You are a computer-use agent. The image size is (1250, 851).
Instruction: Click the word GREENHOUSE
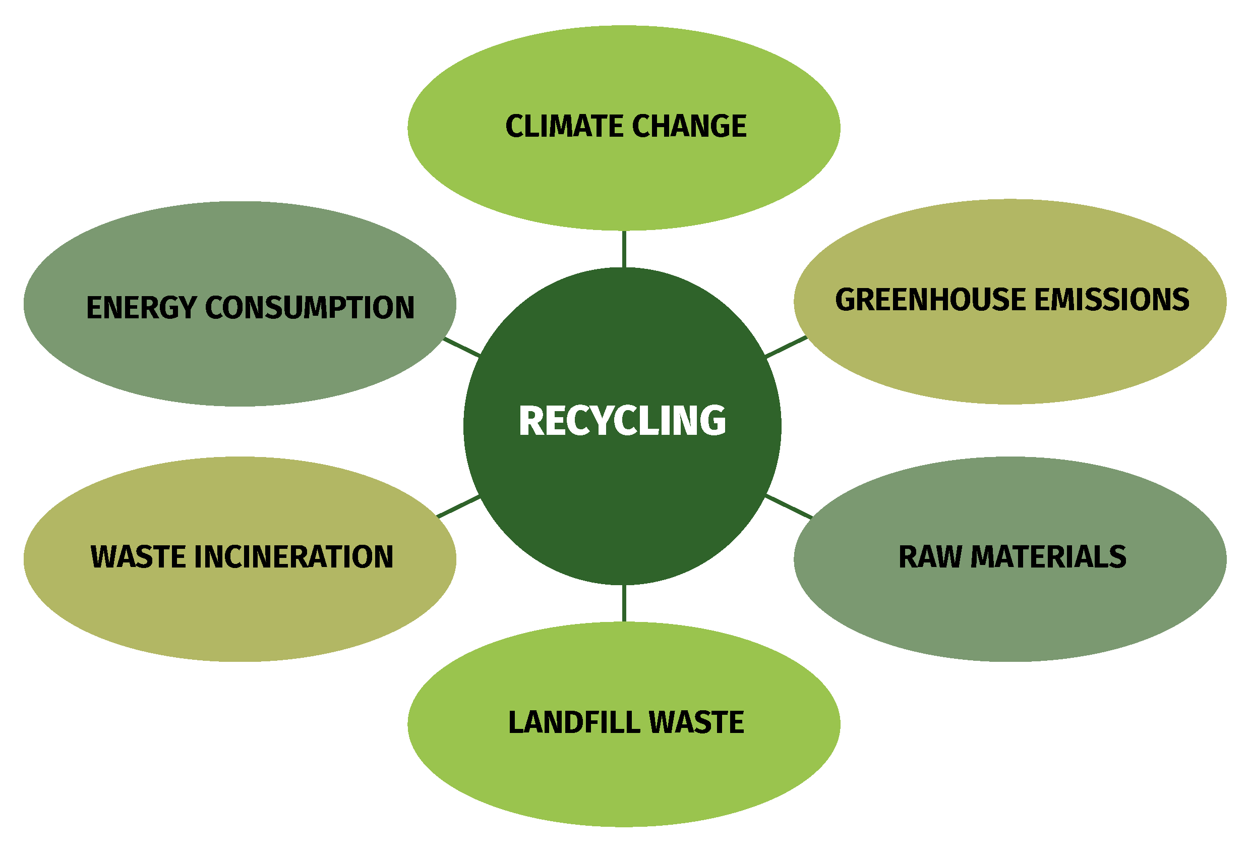pyautogui.click(x=930, y=300)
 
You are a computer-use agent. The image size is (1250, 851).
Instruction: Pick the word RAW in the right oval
pyautogui.click(x=930, y=557)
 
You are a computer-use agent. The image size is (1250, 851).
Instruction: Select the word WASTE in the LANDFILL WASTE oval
pyautogui.click(x=696, y=722)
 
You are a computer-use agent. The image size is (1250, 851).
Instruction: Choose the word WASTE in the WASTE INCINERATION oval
pyautogui.click(x=138, y=557)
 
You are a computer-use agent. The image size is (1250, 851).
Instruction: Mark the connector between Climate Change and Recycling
pyautogui.click(x=624, y=249)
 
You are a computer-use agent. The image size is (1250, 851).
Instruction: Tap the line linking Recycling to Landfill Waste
pyautogui.click(x=624, y=603)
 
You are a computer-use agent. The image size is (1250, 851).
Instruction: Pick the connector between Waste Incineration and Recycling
pyautogui.click(x=458, y=507)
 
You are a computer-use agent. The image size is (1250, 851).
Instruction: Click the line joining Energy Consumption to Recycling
pyautogui.click(x=461, y=348)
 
